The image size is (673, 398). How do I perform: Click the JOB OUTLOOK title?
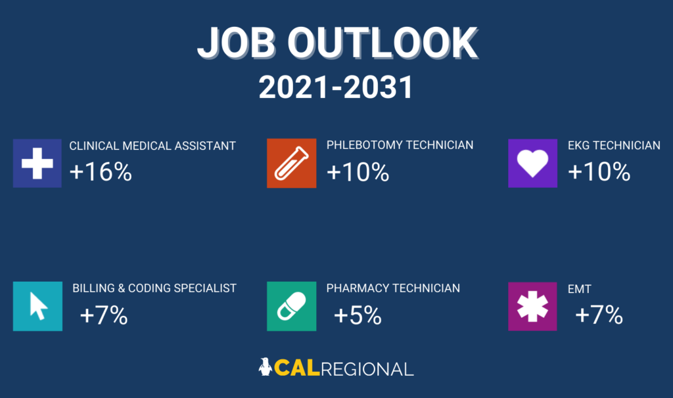click(336, 43)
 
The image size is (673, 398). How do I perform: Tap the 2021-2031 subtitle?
click(336, 87)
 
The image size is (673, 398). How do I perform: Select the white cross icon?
click(37, 163)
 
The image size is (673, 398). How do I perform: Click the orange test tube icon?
click(291, 163)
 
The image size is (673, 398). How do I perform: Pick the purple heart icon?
click(532, 163)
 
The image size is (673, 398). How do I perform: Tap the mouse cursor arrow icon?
click(37, 306)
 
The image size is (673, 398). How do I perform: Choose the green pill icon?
click(291, 306)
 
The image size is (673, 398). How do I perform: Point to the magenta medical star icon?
click(532, 306)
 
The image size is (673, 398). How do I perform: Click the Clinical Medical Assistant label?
click(152, 146)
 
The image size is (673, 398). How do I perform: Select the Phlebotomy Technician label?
click(400, 145)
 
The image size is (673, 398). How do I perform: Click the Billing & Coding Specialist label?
click(154, 288)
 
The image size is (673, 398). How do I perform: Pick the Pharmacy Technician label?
click(393, 288)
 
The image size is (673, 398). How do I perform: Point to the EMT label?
click(580, 288)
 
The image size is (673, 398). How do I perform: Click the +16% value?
click(101, 172)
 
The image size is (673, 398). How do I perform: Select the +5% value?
click(358, 316)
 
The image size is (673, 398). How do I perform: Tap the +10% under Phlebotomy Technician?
click(358, 172)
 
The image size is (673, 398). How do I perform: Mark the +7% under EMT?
click(599, 316)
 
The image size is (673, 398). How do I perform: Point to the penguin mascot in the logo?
click(266, 367)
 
